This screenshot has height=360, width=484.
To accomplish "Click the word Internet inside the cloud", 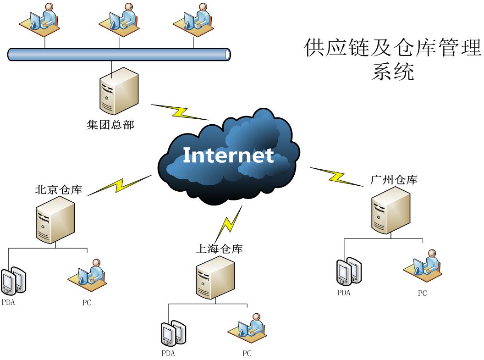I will (x=228, y=155).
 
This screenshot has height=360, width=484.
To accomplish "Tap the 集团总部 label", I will (x=110, y=125).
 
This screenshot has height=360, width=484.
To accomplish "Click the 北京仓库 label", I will (x=59, y=189).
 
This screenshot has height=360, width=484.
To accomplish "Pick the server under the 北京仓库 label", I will (x=55, y=222).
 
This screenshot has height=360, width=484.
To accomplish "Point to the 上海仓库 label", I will (x=219, y=249).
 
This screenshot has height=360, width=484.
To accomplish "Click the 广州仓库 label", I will (x=394, y=180).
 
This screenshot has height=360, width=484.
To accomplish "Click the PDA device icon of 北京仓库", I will (x=13, y=280).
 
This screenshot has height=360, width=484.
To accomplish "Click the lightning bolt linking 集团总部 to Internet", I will (x=179, y=112).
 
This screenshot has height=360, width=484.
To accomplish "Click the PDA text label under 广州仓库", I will (x=344, y=293).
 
